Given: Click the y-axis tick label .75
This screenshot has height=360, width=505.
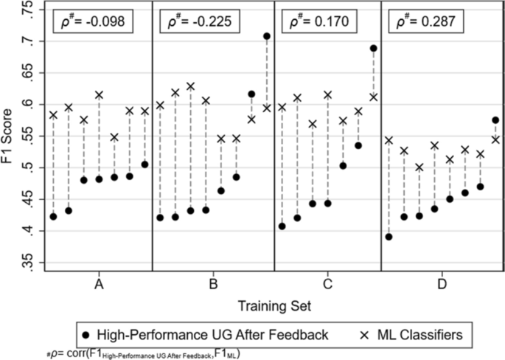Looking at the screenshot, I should pyautogui.click(x=28, y=10).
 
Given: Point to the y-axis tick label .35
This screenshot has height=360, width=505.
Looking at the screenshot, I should pyautogui.click(x=28, y=263).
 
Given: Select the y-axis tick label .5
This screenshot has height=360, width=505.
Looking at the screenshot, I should pyautogui.click(x=28, y=168).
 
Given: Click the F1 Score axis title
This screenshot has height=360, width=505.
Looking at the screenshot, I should pyautogui.click(x=10, y=137).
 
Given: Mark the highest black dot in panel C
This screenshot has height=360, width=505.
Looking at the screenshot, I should pyautogui.click(x=373, y=49).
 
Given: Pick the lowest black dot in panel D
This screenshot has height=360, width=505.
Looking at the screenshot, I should pyautogui.click(x=389, y=237).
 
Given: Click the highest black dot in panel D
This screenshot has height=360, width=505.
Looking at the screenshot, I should pyautogui.click(x=495, y=120).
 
